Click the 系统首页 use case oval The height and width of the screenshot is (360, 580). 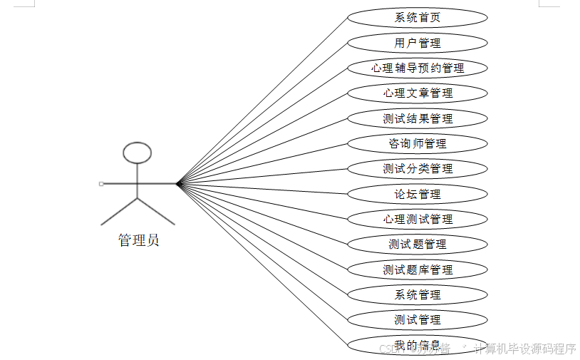tap(418, 18)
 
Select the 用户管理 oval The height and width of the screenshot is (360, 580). tap(418, 43)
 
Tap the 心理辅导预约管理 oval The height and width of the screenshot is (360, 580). tap(418, 68)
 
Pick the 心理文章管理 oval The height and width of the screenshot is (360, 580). tap(418, 93)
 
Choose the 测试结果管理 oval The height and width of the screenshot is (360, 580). tap(418, 118)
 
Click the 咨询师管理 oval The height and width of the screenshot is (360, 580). tap(418, 143)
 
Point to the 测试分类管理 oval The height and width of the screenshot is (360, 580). tap(418, 169)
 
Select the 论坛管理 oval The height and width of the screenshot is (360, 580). tap(418, 194)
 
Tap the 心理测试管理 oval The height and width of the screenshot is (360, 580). tap(418, 219)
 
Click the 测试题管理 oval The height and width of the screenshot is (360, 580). tap(418, 245)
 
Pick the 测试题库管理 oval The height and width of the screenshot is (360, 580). tap(418, 269)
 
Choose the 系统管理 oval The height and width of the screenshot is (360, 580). tap(418, 294)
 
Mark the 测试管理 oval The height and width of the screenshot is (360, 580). tap(418, 319)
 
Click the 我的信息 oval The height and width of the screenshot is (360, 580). tap(418, 345)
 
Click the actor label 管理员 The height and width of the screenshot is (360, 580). tap(138, 240)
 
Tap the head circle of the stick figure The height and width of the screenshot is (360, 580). tap(137, 153)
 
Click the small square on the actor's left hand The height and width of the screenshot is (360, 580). tap(101, 184)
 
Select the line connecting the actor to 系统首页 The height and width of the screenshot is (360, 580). tap(264, 100)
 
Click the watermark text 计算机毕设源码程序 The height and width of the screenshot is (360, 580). tap(524, 349)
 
